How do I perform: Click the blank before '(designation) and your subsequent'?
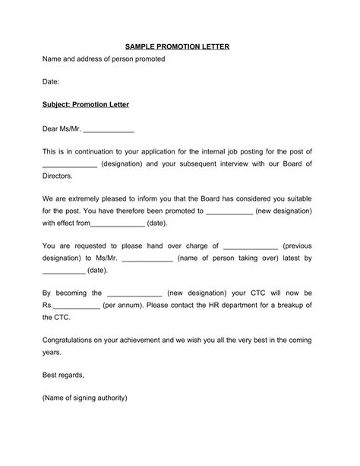click(70, 163)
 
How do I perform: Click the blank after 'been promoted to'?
click(229, 211)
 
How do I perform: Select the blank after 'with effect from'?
click(118, 223)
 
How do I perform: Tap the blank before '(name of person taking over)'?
click(147, 258)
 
